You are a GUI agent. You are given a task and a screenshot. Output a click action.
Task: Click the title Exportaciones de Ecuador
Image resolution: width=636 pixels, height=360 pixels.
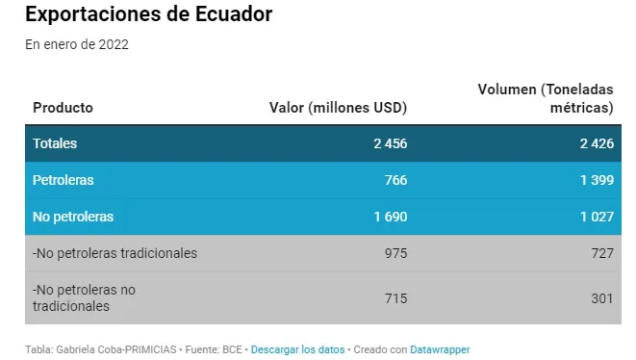pos(149,14)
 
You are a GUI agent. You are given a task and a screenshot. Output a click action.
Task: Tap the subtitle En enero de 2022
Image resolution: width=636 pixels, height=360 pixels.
pos(77,44)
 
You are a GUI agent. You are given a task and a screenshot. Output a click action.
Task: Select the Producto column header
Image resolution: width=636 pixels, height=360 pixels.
pos(63,108)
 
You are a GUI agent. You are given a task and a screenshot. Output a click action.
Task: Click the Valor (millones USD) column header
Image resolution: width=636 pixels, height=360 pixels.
pos(339,108)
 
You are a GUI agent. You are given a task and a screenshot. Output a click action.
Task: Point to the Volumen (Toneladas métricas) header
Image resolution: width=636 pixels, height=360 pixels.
pos(546,98)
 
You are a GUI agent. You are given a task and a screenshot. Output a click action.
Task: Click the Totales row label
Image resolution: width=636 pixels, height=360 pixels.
pos(55,143)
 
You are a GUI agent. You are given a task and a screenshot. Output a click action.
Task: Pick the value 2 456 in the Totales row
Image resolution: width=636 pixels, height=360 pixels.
pos(391,143)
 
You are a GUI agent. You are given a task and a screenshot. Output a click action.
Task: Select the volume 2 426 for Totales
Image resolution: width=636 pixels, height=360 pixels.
pos(597,143)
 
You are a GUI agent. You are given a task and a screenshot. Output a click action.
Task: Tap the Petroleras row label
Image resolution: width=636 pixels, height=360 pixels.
pos(63,180)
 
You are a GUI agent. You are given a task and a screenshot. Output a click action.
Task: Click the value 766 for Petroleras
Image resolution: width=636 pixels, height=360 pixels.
pos(395,180)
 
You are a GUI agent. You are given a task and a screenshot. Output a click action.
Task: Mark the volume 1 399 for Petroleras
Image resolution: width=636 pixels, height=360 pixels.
pos(598,180)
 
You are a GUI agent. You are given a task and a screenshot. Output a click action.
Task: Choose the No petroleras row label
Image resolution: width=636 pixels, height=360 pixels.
pos(73,217)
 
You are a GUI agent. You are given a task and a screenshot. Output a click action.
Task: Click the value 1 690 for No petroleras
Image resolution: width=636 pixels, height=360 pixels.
pos(391,217)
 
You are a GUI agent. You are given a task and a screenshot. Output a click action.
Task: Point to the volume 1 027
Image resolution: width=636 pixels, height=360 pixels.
pos(598,217)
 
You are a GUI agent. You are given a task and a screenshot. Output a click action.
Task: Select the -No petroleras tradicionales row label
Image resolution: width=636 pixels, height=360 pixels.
pos(114,253)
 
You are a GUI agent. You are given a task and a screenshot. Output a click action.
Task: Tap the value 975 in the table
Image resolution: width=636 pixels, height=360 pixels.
pos(395,253)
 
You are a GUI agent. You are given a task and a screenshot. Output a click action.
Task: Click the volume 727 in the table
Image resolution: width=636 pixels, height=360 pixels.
pos(602,253)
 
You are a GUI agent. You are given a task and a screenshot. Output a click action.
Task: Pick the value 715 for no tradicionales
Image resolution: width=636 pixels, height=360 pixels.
pos(395,298)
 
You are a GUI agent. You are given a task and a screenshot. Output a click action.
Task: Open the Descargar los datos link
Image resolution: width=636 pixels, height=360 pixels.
pos(297,349)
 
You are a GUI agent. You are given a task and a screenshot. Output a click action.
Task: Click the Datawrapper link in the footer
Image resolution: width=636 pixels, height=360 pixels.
pos(440,349)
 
